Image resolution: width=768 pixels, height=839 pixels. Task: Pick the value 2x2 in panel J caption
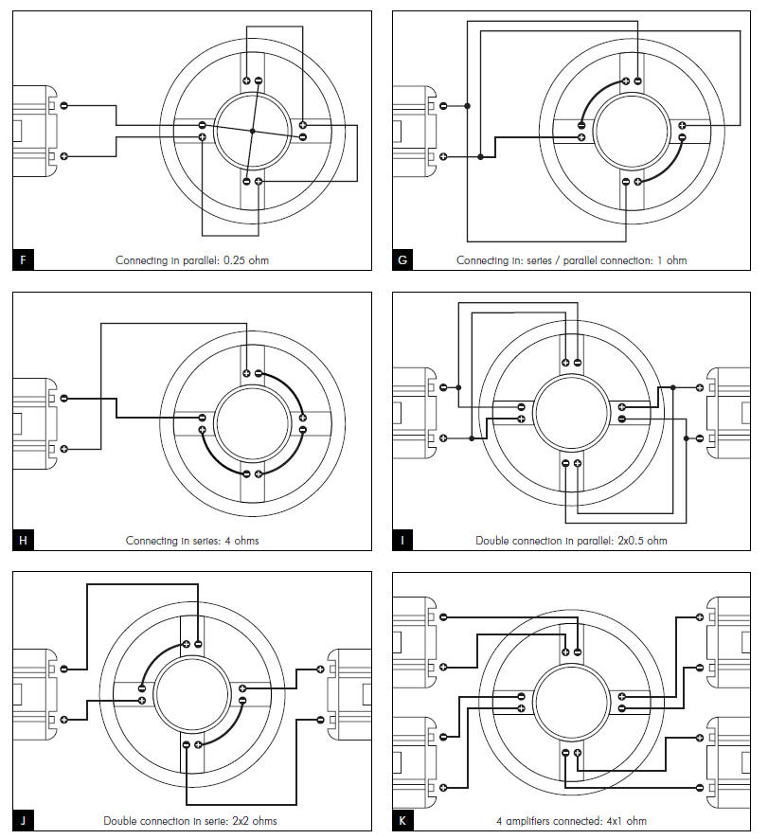(x=242, y=820)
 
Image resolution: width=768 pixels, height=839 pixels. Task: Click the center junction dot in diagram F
(x=253, y=131)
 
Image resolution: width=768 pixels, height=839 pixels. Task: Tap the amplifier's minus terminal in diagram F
(x=64, y=106)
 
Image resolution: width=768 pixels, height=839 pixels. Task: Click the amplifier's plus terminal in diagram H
(x=64, y=447)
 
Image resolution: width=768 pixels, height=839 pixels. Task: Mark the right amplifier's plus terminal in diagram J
(x=320, y=669)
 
